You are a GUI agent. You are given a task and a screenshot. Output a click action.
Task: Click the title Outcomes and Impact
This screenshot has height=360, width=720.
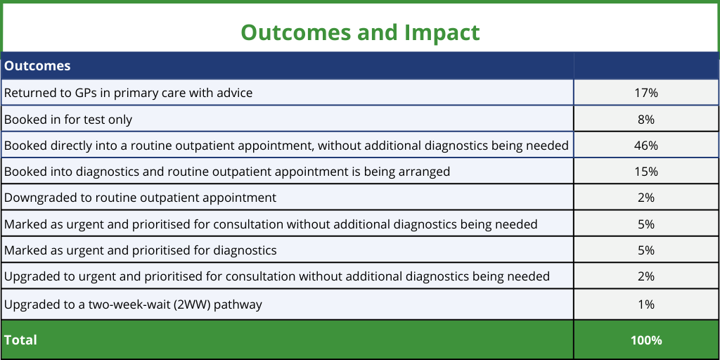coord(360,32)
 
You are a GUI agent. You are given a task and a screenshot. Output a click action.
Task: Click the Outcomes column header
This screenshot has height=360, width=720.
coord(37,65)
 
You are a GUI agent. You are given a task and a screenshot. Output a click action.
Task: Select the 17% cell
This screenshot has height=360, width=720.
coord(646,93)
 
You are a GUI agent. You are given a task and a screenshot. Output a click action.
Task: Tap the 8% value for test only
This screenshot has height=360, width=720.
coord(646,120)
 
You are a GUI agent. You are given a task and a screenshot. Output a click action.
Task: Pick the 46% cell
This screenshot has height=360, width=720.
coord(646,146)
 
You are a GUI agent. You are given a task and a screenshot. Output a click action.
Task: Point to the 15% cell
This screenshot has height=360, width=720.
coord(646,172)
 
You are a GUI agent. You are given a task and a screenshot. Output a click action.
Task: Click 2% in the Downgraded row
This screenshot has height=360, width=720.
coord(646,198)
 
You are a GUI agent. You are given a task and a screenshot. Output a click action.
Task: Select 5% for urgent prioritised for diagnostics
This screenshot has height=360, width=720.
coord(646,250)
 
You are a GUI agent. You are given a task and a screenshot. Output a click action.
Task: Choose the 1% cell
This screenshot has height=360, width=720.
coord(646,304)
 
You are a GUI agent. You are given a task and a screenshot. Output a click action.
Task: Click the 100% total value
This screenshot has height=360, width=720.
coord(646,340)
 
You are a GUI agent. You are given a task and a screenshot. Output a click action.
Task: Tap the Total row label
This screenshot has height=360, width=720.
coord(20,340)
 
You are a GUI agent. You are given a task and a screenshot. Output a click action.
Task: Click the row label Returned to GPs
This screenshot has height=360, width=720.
coord(128,93)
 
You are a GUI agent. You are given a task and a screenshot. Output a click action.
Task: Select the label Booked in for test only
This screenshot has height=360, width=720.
coord(68,120)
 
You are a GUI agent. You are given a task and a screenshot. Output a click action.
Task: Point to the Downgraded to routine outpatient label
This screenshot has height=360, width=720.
coord(140,198)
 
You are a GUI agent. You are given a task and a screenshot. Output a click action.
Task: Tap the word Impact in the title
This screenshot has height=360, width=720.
coord(442,33)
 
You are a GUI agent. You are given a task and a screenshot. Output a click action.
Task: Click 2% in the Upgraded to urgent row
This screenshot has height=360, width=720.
coord(646,276)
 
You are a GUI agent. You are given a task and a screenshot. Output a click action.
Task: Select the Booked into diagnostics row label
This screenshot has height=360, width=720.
coord(227,172)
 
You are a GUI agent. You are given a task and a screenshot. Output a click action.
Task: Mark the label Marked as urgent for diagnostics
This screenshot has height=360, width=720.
coord(140,250)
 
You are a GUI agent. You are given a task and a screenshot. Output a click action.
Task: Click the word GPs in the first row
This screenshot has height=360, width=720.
coord(85,93)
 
